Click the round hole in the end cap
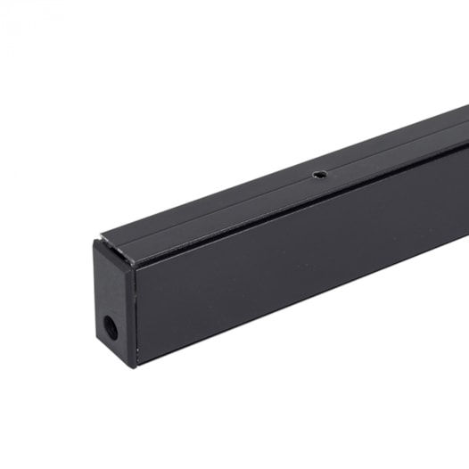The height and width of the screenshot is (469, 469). (111, 327)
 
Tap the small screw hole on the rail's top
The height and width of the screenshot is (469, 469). (317, 177)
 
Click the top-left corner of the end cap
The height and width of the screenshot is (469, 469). (95, 241)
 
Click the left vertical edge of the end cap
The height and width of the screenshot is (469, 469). (95, 294)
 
